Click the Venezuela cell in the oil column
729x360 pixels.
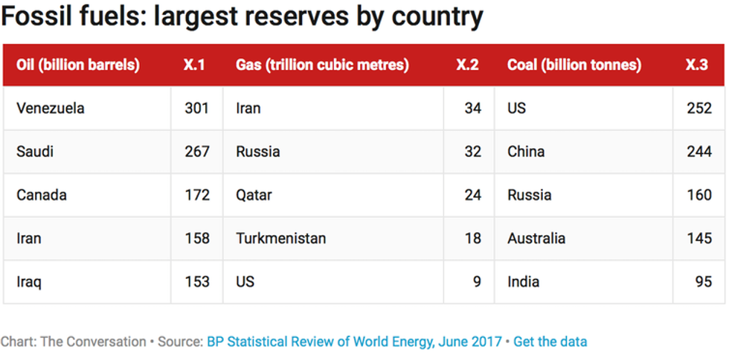[x=51, y=109]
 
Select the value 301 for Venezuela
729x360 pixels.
[x=197, y=109]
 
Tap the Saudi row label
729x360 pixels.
[x=35, y=152]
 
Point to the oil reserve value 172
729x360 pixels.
[x=197, y=195]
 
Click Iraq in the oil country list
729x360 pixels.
[x=28, y=282]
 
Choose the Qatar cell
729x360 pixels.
[x=254, y=195]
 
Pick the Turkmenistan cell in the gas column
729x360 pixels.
[x=281, y=239]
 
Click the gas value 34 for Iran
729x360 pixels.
[x=472, y=109]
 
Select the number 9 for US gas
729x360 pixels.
[x=476, y=282]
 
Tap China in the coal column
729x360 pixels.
[x=526, y=152]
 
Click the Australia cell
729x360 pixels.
[x=536, y=239]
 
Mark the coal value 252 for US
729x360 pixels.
[x=699, y=109]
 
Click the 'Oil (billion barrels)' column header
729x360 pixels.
[x=78, y=65]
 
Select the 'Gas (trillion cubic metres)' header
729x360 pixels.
[x=322, y=65]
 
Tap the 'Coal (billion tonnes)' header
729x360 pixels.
[x=574, y=65]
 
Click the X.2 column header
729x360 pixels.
[x=467, y=65]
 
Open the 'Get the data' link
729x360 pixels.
[x=550, y=342]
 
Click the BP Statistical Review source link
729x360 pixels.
[x=353, y=342]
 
